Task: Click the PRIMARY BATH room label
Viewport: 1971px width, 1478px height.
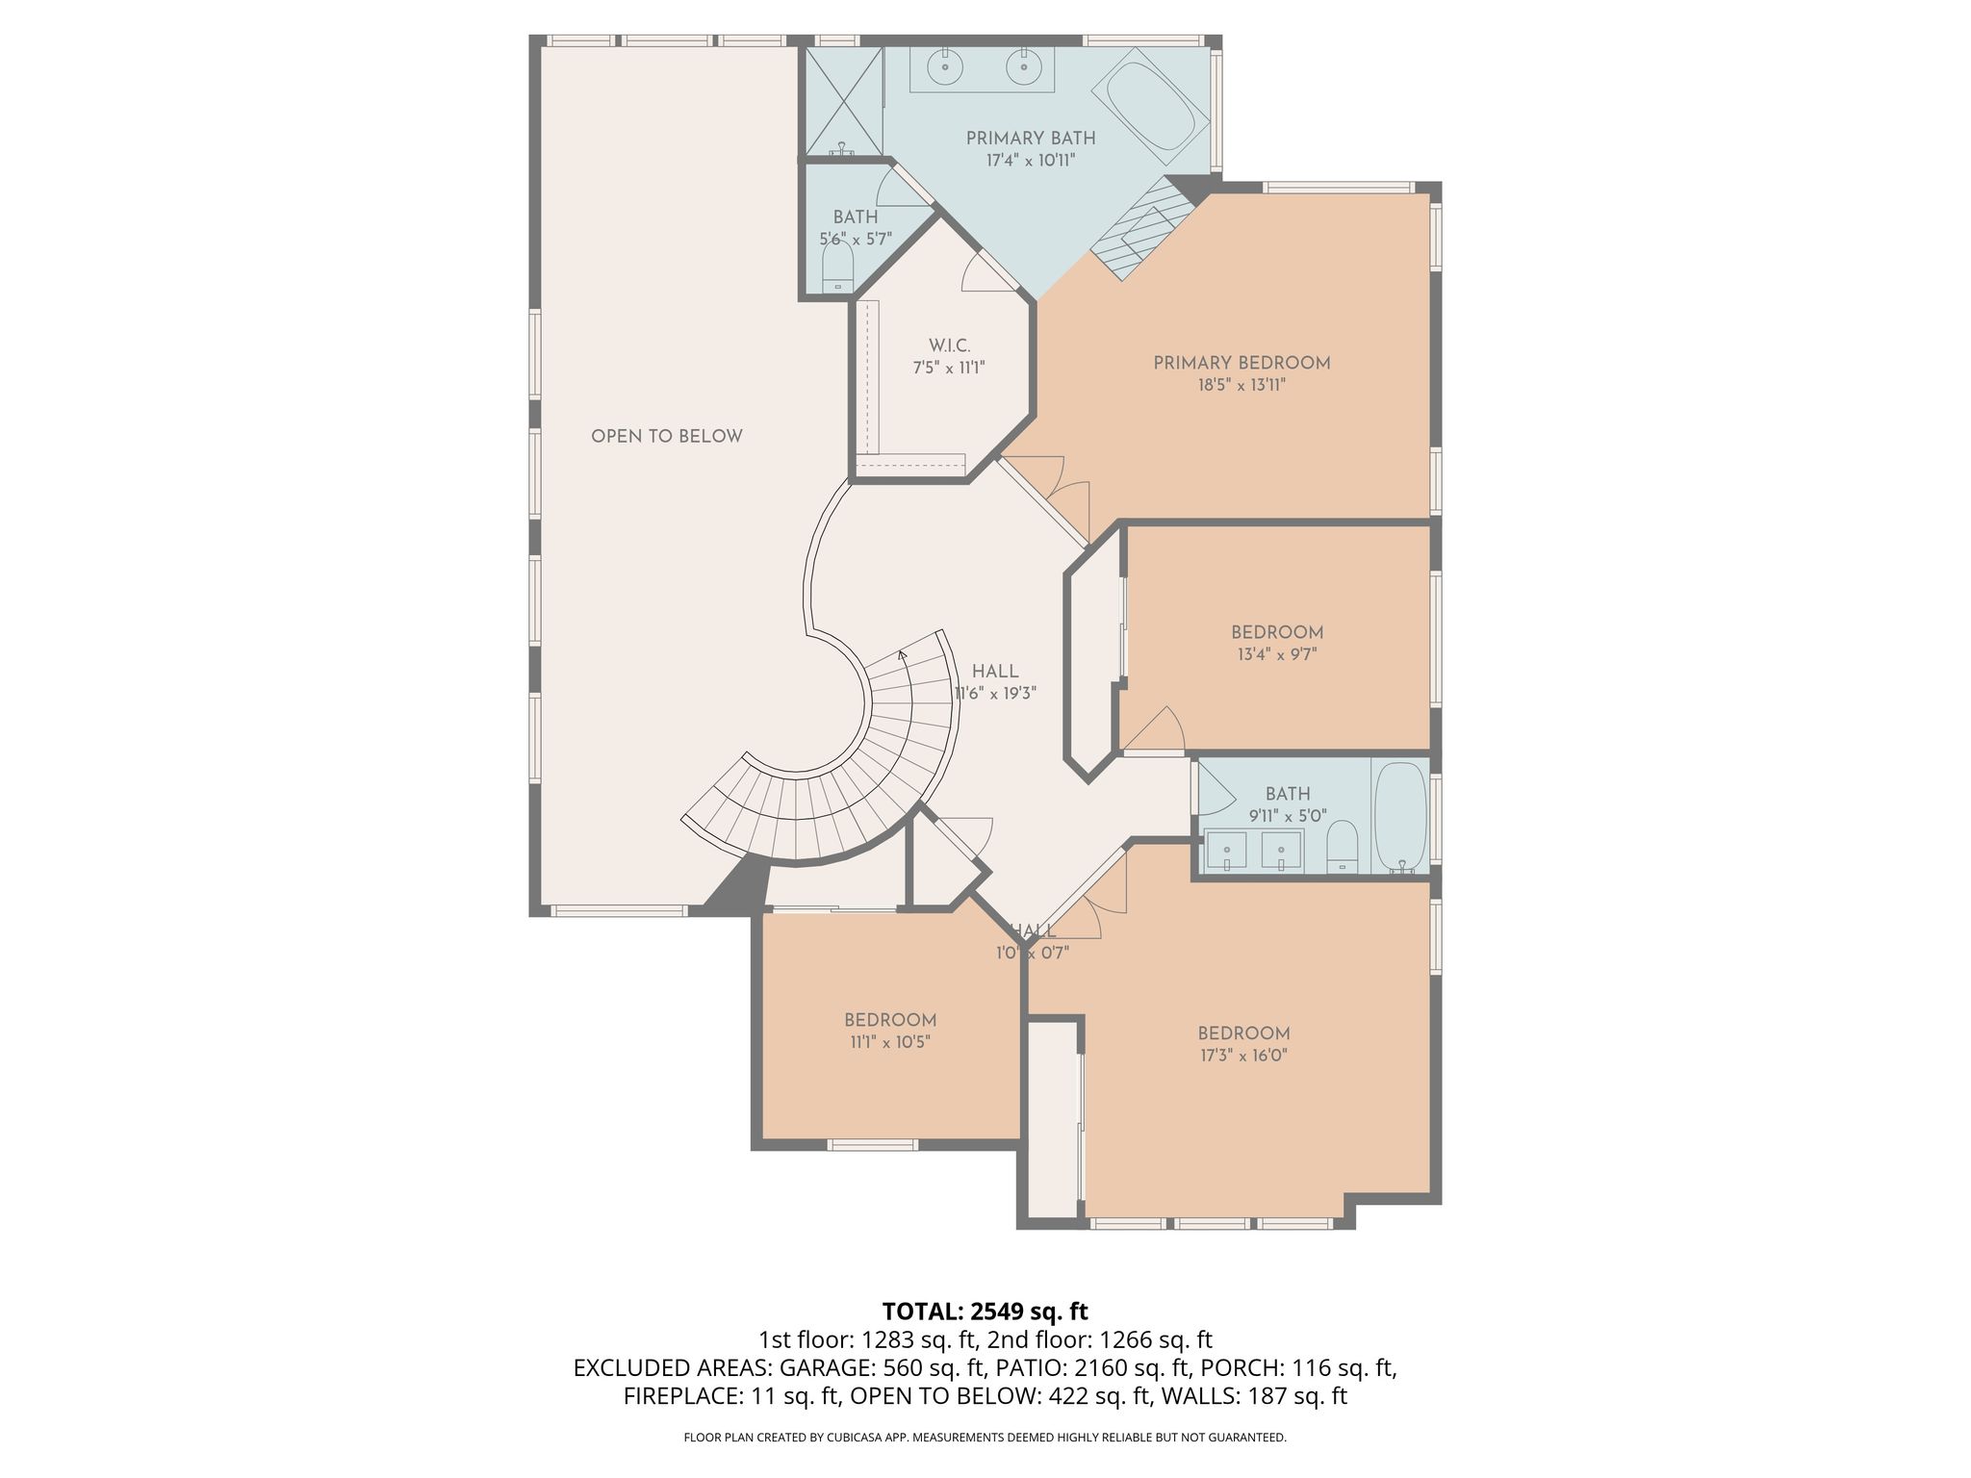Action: tap(1031, 139)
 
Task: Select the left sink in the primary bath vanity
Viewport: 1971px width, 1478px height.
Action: tap(944, 67)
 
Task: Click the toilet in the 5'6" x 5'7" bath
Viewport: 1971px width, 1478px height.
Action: tap(838, 266)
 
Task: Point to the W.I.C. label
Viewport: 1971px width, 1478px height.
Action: tap(949, 345)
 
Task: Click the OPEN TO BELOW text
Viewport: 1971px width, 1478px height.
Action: tap(667, 436)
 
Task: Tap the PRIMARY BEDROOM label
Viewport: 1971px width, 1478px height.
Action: tap(1241, 363)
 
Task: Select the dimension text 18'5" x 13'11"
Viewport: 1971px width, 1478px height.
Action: tap(1241, 385)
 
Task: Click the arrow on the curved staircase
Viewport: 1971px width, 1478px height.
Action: tap(903, 655)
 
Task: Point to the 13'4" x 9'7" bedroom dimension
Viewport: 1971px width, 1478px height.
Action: tap(1277, 654)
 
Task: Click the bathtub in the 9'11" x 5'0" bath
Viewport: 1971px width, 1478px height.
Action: tap(1400, 818)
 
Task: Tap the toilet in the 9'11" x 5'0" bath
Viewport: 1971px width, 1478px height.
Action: tap(1342, 847)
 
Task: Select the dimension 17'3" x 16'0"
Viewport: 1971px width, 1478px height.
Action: tap(1243, 1055)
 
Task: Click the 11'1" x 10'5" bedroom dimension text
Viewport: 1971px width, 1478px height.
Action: tap(890, 1041)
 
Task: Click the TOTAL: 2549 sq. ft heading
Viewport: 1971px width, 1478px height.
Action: tap(985, 1311)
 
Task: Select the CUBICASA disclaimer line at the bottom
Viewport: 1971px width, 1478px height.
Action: tap(985, 1438)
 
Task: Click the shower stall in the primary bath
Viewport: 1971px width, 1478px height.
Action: tap(843, 101)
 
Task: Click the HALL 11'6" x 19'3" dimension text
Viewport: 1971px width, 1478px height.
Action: tap(995, 693)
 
